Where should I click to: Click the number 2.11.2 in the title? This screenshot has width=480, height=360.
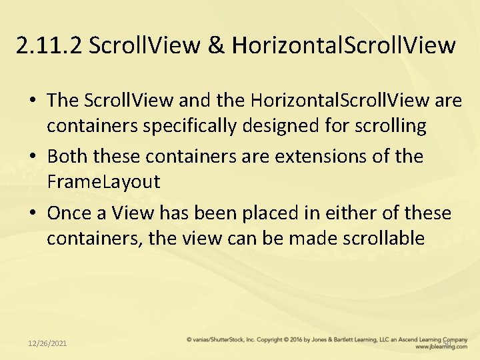49,45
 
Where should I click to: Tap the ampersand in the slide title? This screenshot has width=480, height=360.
216,45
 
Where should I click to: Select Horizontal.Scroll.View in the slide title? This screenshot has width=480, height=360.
344,45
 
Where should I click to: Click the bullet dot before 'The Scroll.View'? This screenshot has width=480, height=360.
32,101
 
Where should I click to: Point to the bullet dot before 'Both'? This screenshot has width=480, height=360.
32,157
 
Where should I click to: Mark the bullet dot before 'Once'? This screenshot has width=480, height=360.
32,214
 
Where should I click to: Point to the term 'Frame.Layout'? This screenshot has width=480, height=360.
103,181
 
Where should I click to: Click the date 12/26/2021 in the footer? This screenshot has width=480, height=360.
47,343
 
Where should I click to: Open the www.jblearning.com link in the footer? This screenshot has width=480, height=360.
441,347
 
